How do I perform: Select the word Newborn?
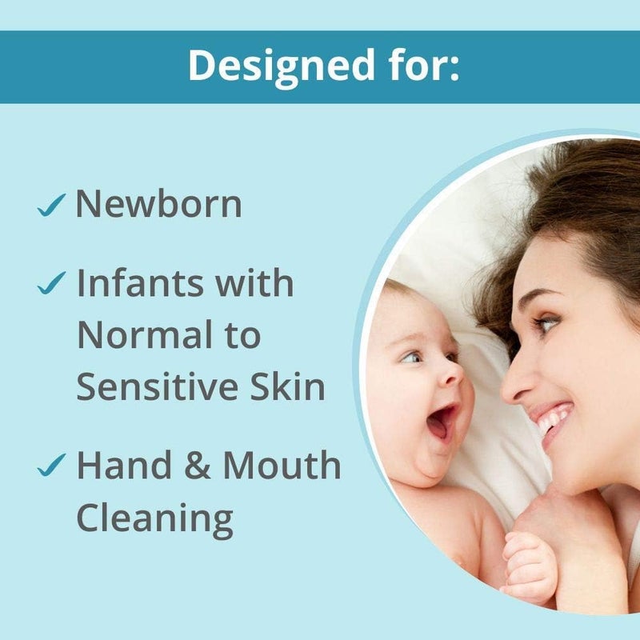click(158, 205)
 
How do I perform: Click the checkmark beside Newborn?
click(50, 207)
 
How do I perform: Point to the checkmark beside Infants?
click(50, 283)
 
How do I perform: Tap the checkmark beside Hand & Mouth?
click(50, 467)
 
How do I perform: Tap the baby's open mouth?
click(442, 422)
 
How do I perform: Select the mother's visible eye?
click(546, 323)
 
